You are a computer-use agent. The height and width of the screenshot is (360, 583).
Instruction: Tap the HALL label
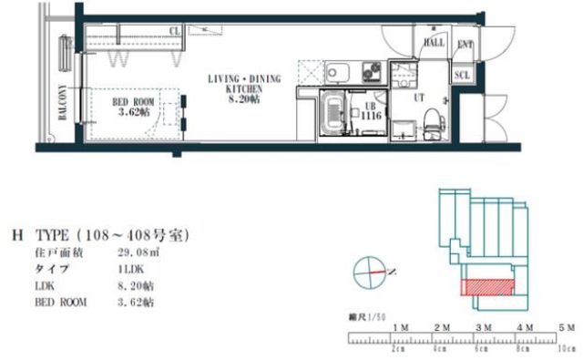click(x=434, y=42)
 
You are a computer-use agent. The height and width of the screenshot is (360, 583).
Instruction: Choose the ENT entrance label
click(x=465, y=43)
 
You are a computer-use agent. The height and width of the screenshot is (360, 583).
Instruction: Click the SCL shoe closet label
click(x=462, y=75)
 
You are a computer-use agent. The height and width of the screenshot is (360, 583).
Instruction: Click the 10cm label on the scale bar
click(x=567, y=348)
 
